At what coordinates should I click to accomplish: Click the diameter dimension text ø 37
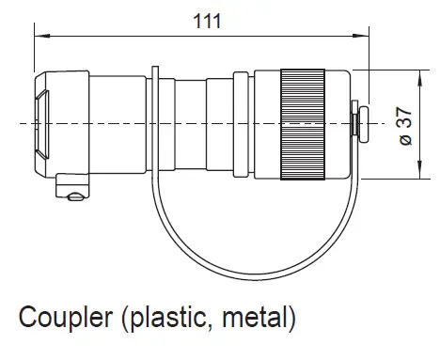404,125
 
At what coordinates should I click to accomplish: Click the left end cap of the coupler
47,122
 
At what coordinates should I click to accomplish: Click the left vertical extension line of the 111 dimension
34,56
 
